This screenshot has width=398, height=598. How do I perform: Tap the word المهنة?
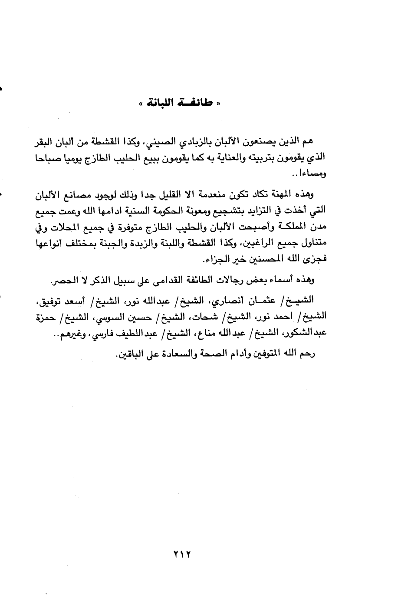coord(279,194)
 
